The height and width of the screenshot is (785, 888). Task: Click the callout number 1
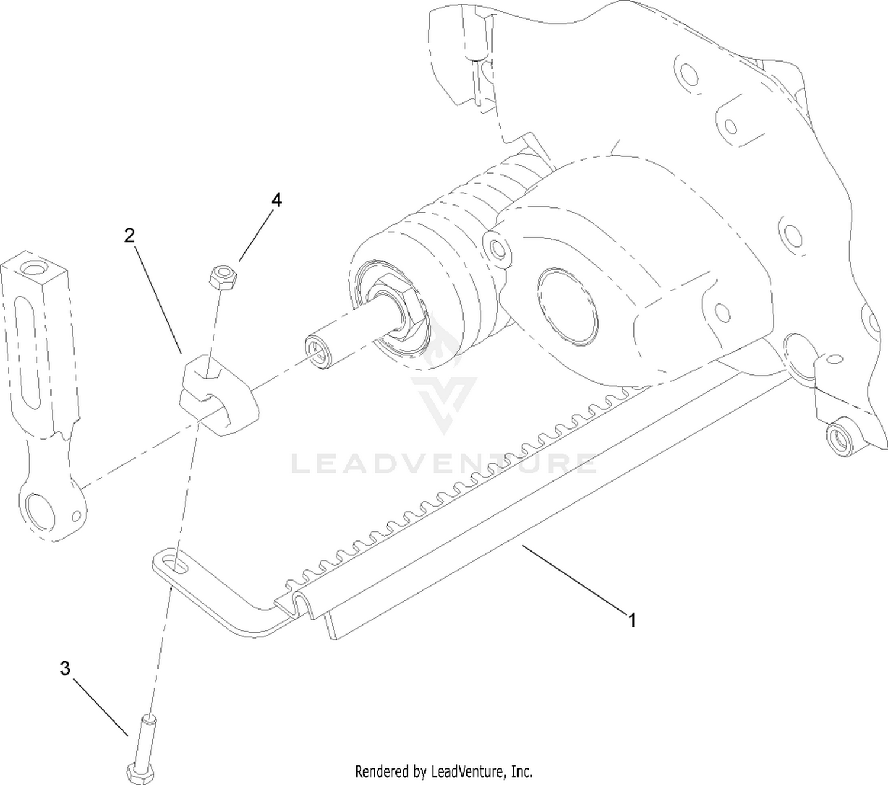point(632,621)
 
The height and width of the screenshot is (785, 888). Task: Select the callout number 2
point(129,236)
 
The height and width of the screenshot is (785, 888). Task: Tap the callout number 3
point(65,669)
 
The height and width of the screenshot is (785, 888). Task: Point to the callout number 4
point(276,200)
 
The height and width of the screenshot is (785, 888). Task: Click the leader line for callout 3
point(101,707)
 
